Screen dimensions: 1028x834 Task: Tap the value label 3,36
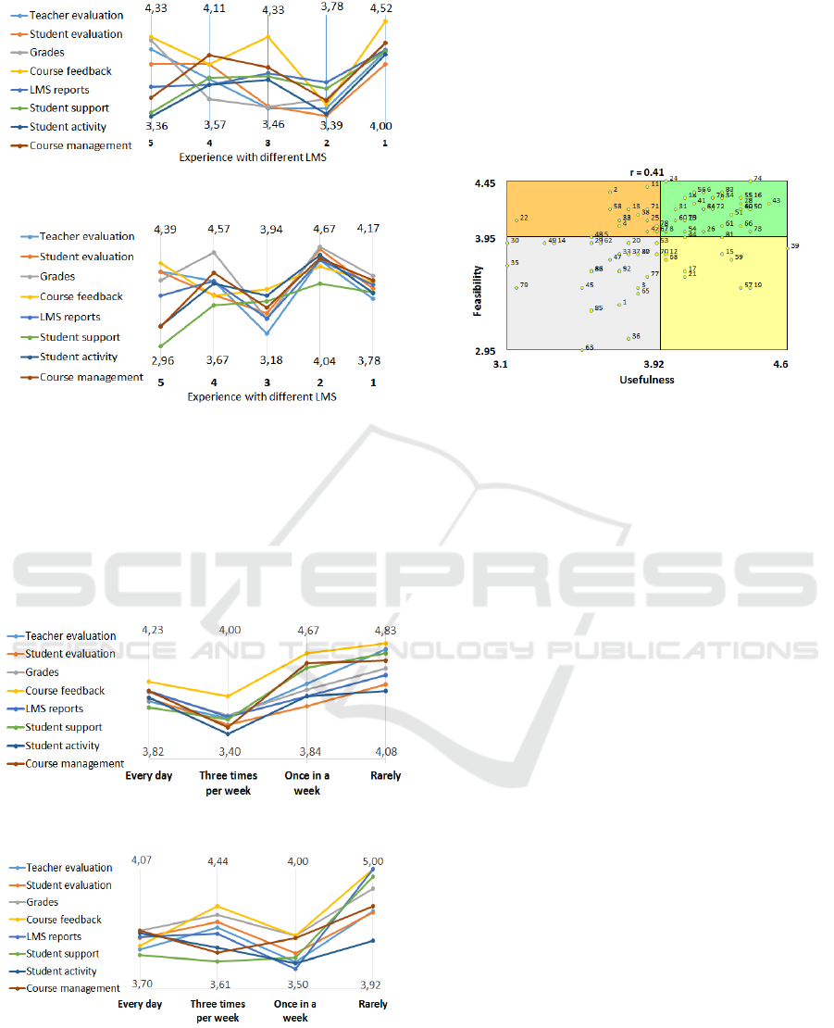coord(151,125)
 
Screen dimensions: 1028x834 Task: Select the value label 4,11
coord(214,7)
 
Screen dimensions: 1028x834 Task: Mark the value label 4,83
coord(382,631)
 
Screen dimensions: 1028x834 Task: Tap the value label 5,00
coord(373,861)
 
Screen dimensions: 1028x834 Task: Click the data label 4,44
coord(215,861)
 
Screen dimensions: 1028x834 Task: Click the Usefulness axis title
coord(646,380)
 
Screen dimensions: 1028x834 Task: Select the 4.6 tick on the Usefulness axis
coord(780,366)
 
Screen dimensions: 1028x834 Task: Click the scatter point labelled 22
coord(517,220)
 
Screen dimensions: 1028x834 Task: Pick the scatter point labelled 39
coord(786,247)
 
